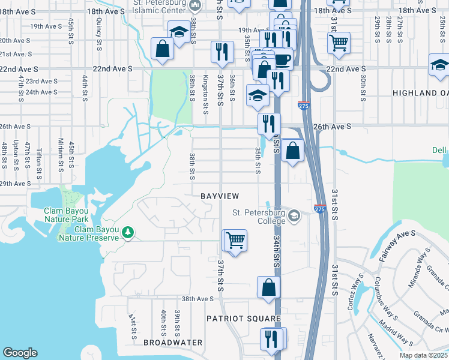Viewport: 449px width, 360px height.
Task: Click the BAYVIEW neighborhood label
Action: [x=220, y=196]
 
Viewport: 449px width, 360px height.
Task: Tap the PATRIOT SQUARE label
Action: [x=244, y=319]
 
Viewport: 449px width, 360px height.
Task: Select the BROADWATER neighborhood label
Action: [x=173, y=342]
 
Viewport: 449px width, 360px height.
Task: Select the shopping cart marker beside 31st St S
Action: [x=339, y=43]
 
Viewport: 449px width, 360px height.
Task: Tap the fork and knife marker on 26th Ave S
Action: [x=269, y=124]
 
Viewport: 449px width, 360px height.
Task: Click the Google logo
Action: [x=20, y=353]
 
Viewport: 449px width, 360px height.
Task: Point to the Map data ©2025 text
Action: [x=423, y=355]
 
